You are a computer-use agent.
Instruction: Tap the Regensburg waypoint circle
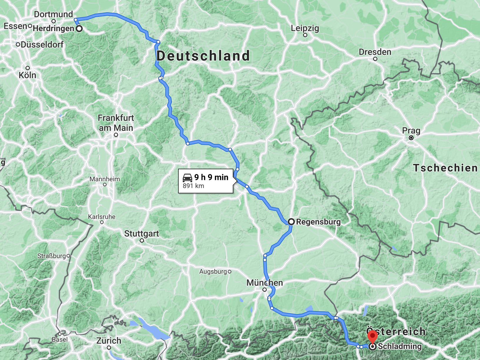[x=291, y=222]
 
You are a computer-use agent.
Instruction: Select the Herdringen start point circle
[x=79, y=29]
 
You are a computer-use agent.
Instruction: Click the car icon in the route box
[x=187, y=177]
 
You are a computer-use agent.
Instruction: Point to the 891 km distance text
[x=193, y=186]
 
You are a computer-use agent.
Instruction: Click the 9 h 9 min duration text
[x=211, y=177]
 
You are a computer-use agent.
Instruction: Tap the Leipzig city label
[x=305, y=28]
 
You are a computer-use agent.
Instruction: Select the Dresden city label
[x=375, y=52]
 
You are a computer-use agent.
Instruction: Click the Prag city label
[x=411, y=130]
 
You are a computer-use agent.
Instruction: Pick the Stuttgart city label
[x=142, y=234]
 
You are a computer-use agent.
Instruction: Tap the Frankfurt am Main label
[x=116, y=123]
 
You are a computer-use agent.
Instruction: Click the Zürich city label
[x=109, y=341]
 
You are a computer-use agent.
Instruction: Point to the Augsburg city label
[x=213, y=271]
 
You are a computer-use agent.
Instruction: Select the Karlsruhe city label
[x=102, y=217]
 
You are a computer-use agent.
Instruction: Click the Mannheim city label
[x=105, y=179]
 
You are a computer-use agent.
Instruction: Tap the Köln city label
[x=27, y=75]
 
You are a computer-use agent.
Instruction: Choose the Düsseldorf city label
[x=42, y=44]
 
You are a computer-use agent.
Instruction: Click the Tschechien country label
[x=445, y=168]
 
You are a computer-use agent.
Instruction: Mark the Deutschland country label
[x=203, y=56]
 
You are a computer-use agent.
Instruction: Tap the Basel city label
[x=60, y=339]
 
